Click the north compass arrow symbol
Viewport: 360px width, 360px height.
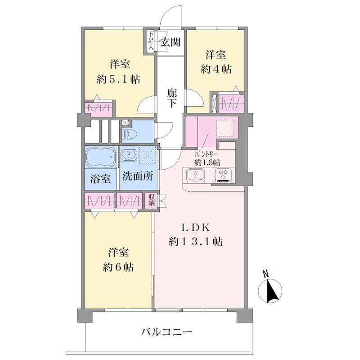pos(270,290)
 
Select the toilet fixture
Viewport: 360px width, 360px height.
pos(129,134)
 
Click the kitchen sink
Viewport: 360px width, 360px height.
pos(195,175)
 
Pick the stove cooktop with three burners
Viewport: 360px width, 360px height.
pos(223,175)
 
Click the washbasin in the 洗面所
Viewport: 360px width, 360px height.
pos(129,155)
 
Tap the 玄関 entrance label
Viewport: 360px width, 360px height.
pos(171,42)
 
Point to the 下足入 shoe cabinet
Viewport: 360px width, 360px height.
pos(151,42)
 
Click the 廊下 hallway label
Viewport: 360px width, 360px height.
pos(172,98)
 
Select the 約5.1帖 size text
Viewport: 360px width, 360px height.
pos(118,80)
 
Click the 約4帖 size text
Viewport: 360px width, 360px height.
pos(216,69)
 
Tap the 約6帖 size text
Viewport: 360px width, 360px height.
pos(118,267)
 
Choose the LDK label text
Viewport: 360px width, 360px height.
pos(196,228)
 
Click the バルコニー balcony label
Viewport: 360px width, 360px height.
pos(166,332)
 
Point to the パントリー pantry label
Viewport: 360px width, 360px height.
pos(206,154)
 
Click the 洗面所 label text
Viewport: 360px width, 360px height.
pos(138,176)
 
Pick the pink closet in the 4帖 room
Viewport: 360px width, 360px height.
pos(232,104)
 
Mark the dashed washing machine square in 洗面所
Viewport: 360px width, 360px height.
pos(148,154)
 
